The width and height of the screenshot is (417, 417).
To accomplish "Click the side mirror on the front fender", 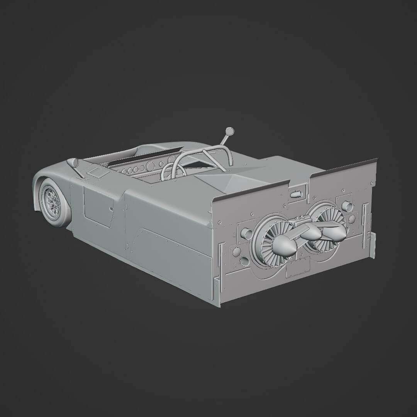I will (73, 162).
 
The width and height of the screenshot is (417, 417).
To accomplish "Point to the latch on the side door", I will (111, 209).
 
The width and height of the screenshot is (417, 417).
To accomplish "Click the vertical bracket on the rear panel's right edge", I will (372, 245).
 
